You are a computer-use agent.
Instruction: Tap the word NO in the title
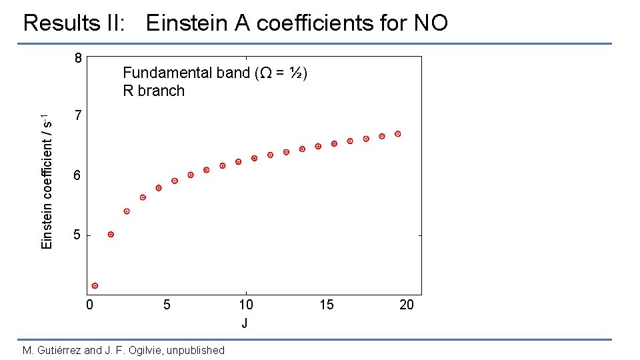[430, 24]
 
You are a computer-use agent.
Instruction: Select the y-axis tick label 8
[78, 58]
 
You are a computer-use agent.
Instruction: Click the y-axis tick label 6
[78, 176]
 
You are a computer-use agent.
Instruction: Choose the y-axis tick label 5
[78, 235]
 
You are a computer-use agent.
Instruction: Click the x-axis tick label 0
[89, 305]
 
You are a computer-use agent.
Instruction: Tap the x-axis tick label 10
[246, 305]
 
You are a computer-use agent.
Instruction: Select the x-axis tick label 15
[326, 305]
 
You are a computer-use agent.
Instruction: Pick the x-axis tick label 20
[406, 305]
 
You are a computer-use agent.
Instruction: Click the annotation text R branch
[153, 91]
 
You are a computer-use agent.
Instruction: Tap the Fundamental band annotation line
[214, 73]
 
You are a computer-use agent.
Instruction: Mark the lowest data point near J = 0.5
[95, 285]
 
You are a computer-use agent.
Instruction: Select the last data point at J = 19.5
[398, 134]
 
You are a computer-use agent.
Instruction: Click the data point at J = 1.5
[111, 234]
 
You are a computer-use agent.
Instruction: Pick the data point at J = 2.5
[127, 211]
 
